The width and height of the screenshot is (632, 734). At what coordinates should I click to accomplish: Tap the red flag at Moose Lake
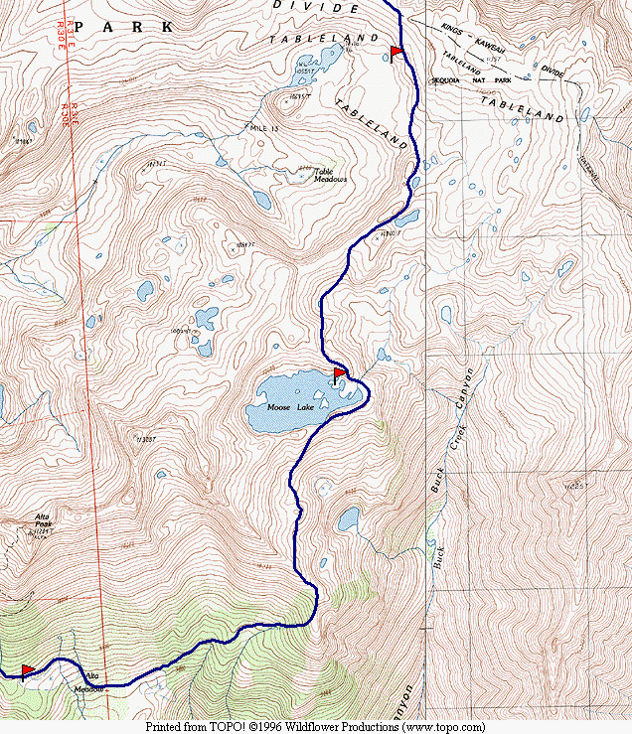[339, 373]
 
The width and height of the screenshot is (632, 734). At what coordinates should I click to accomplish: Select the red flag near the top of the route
[395, 51]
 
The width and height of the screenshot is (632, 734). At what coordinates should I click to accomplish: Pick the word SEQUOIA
[447, 80]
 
